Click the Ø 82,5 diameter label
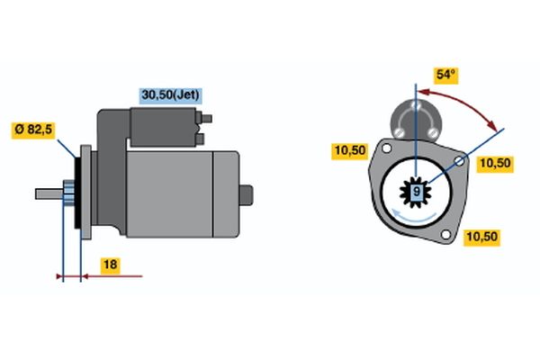pyautogui.click(x=33, y=130)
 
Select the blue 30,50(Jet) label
pyautogui.click(x=170, y=95)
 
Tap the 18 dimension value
pyautogui.click(x=110, y=265)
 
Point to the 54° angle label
pyautogui.click(x=445, y=75)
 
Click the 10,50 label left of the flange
pyautogui.click(x=350, y=150)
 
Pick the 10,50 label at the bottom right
pyautogui.click(x=481, y=237)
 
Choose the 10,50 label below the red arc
pyautogui.click(x=495, y=163)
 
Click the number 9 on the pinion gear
pyautogui.click(x=417, y=191)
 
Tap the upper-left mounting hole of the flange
pyautogui.click(x=387, y=148)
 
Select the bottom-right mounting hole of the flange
pyautogui.click(x=445, y=235)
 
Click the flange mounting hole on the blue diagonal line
pyautogui.click(x=459, y=161)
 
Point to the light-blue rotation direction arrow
pyautogui.click(x=414, y=216)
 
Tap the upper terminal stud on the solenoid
pyautogui.click(x=205, y=119)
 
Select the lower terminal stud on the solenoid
pyautogui.click(x=200, y=139)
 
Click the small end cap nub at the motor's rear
pyautogui.click(x=247, y=195)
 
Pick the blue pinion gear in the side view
pyautogui.click(x=68, y=193)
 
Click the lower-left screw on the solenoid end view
pyautogui.click(x=399, y=132)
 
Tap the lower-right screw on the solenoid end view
pyautogui.click(x=433, y=132)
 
